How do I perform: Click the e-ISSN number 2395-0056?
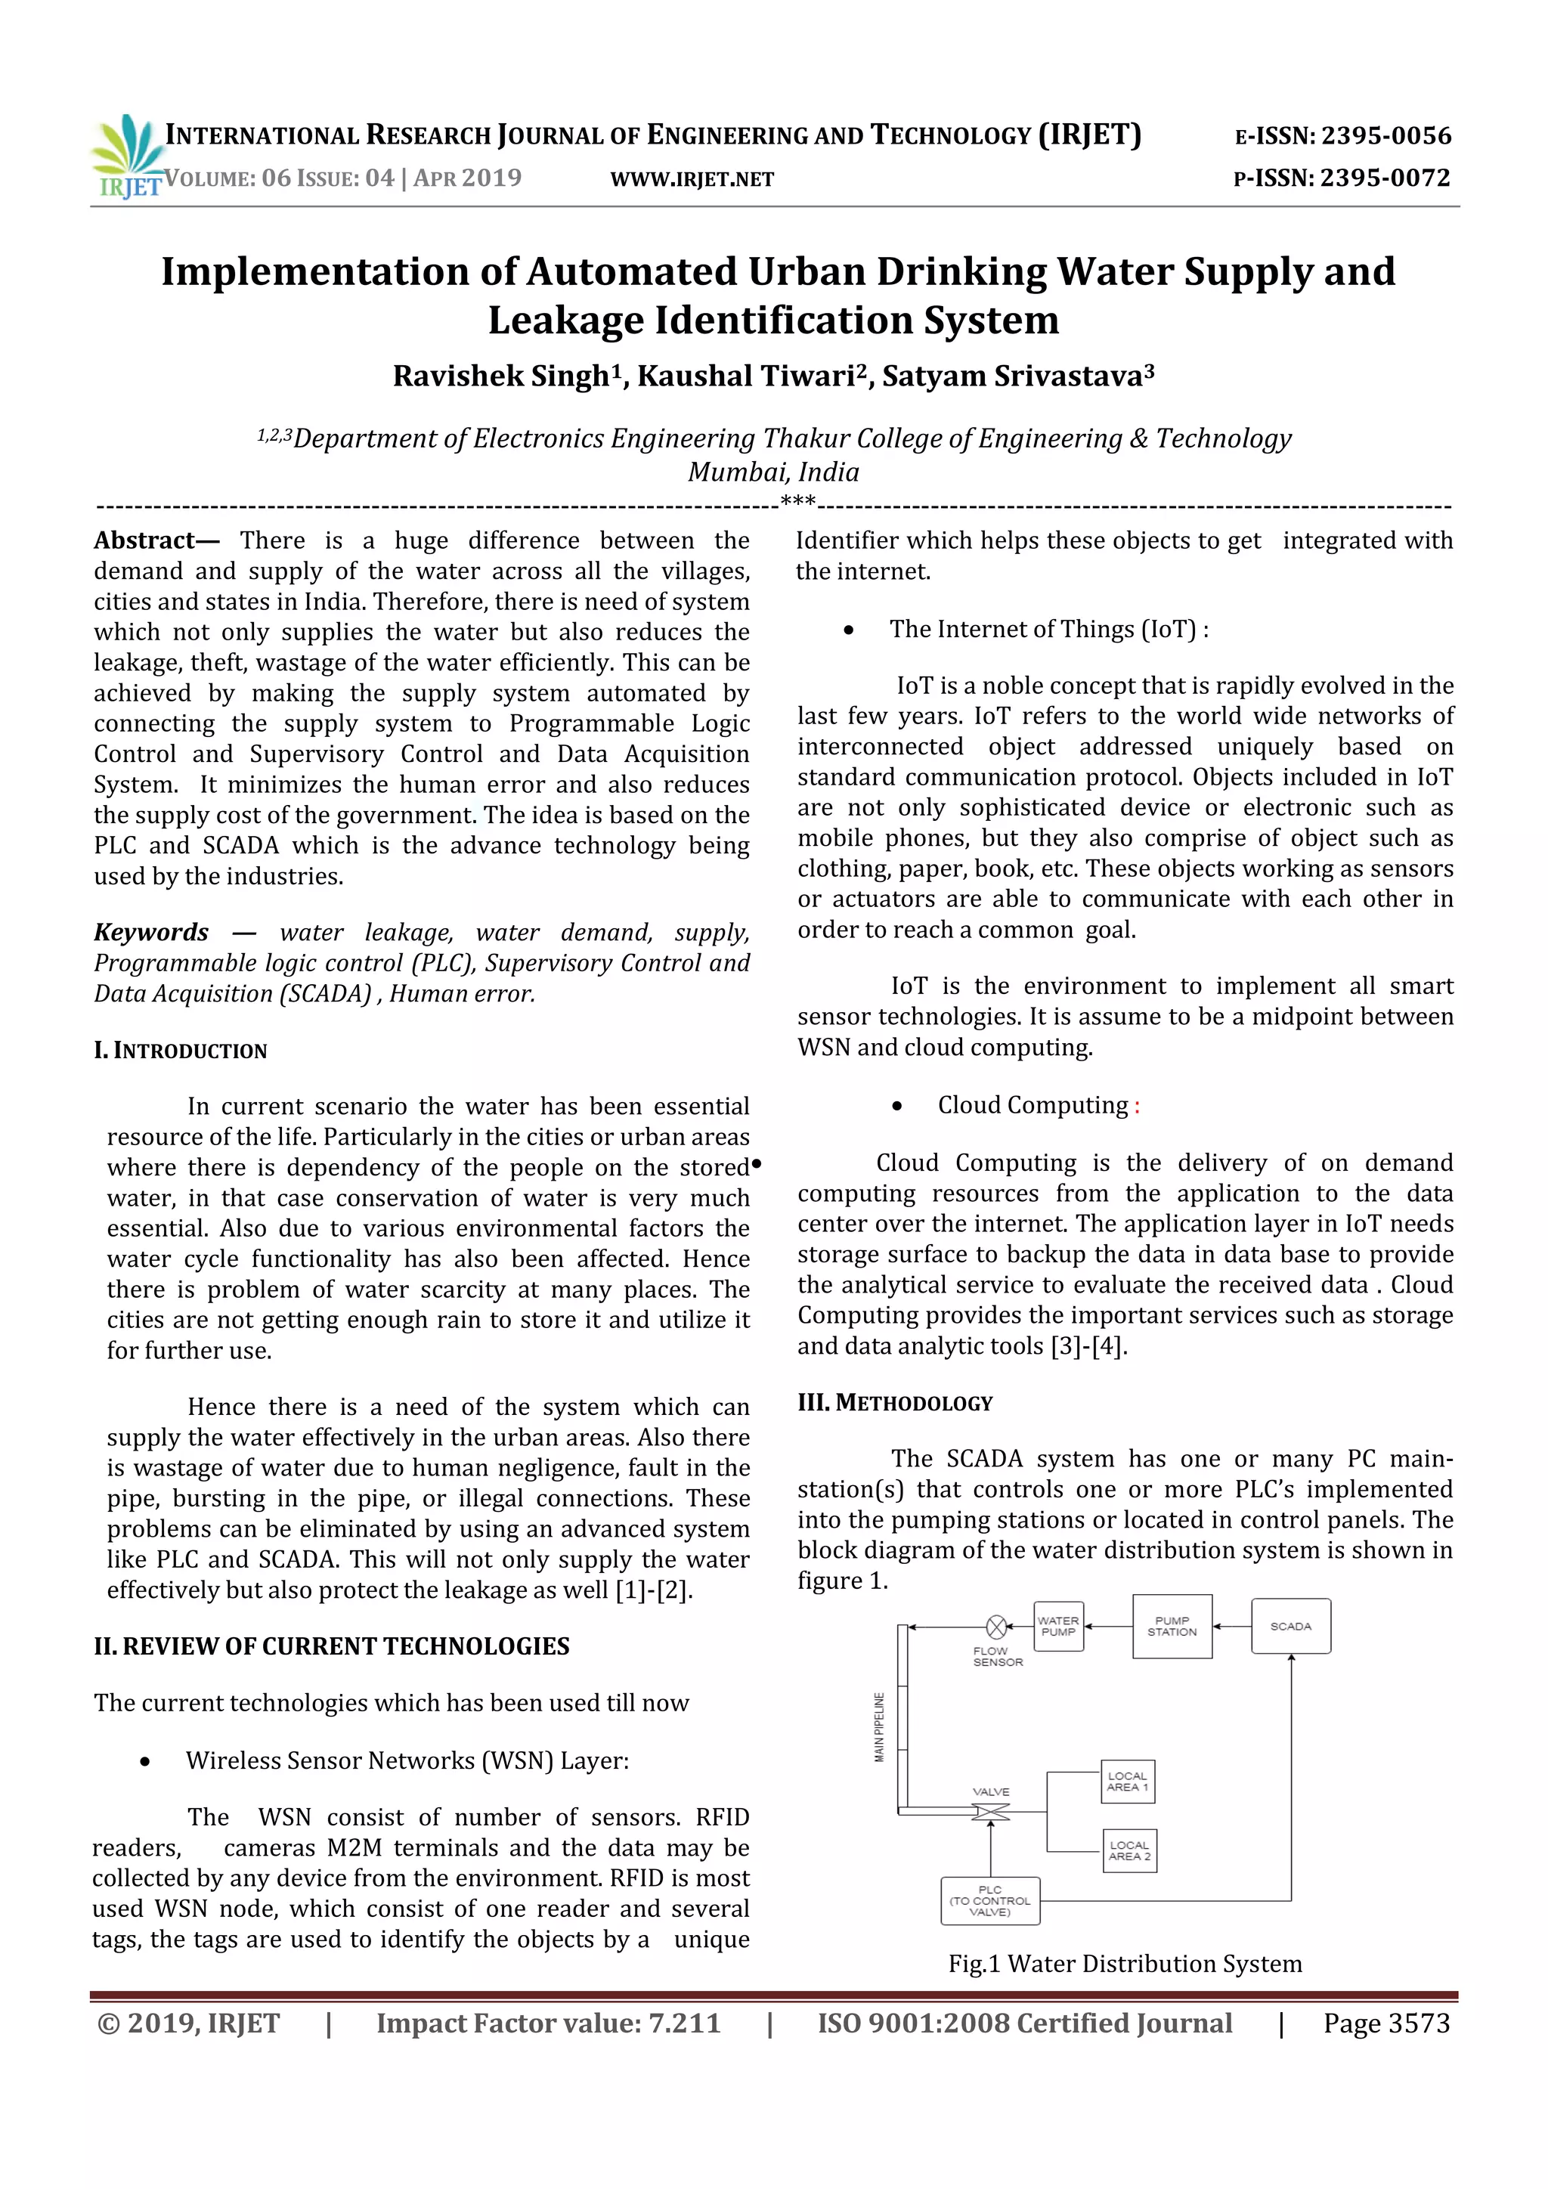1385,136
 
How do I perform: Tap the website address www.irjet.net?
692,179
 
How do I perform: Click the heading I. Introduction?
181,1051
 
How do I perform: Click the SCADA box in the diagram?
1291,1626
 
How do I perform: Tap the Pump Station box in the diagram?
1172,1626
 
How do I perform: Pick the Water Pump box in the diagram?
1058,1626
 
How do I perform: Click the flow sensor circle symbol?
996,1626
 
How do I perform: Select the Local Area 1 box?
1128,1781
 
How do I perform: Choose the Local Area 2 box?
1129,1850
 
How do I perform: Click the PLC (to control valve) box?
990,1901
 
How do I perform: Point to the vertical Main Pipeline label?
879,1726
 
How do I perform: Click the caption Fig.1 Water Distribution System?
1125,1964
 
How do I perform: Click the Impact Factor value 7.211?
684,2023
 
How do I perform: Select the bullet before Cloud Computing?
897,1106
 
